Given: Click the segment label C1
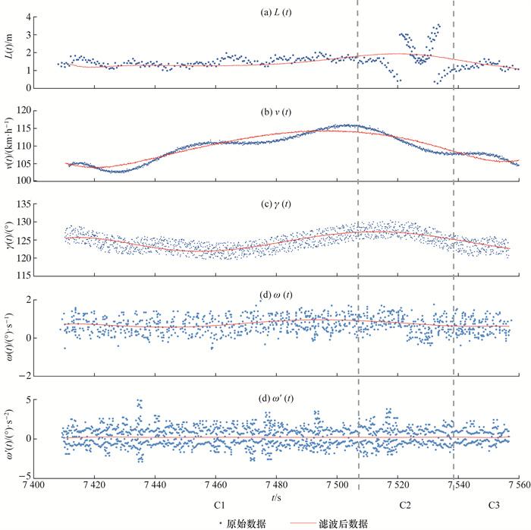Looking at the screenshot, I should tap(221, 504).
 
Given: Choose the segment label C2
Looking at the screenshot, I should tap(406, 504).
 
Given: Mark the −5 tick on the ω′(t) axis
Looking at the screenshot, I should tap(33, 475).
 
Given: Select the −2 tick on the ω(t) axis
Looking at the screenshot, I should tap(33, 375).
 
